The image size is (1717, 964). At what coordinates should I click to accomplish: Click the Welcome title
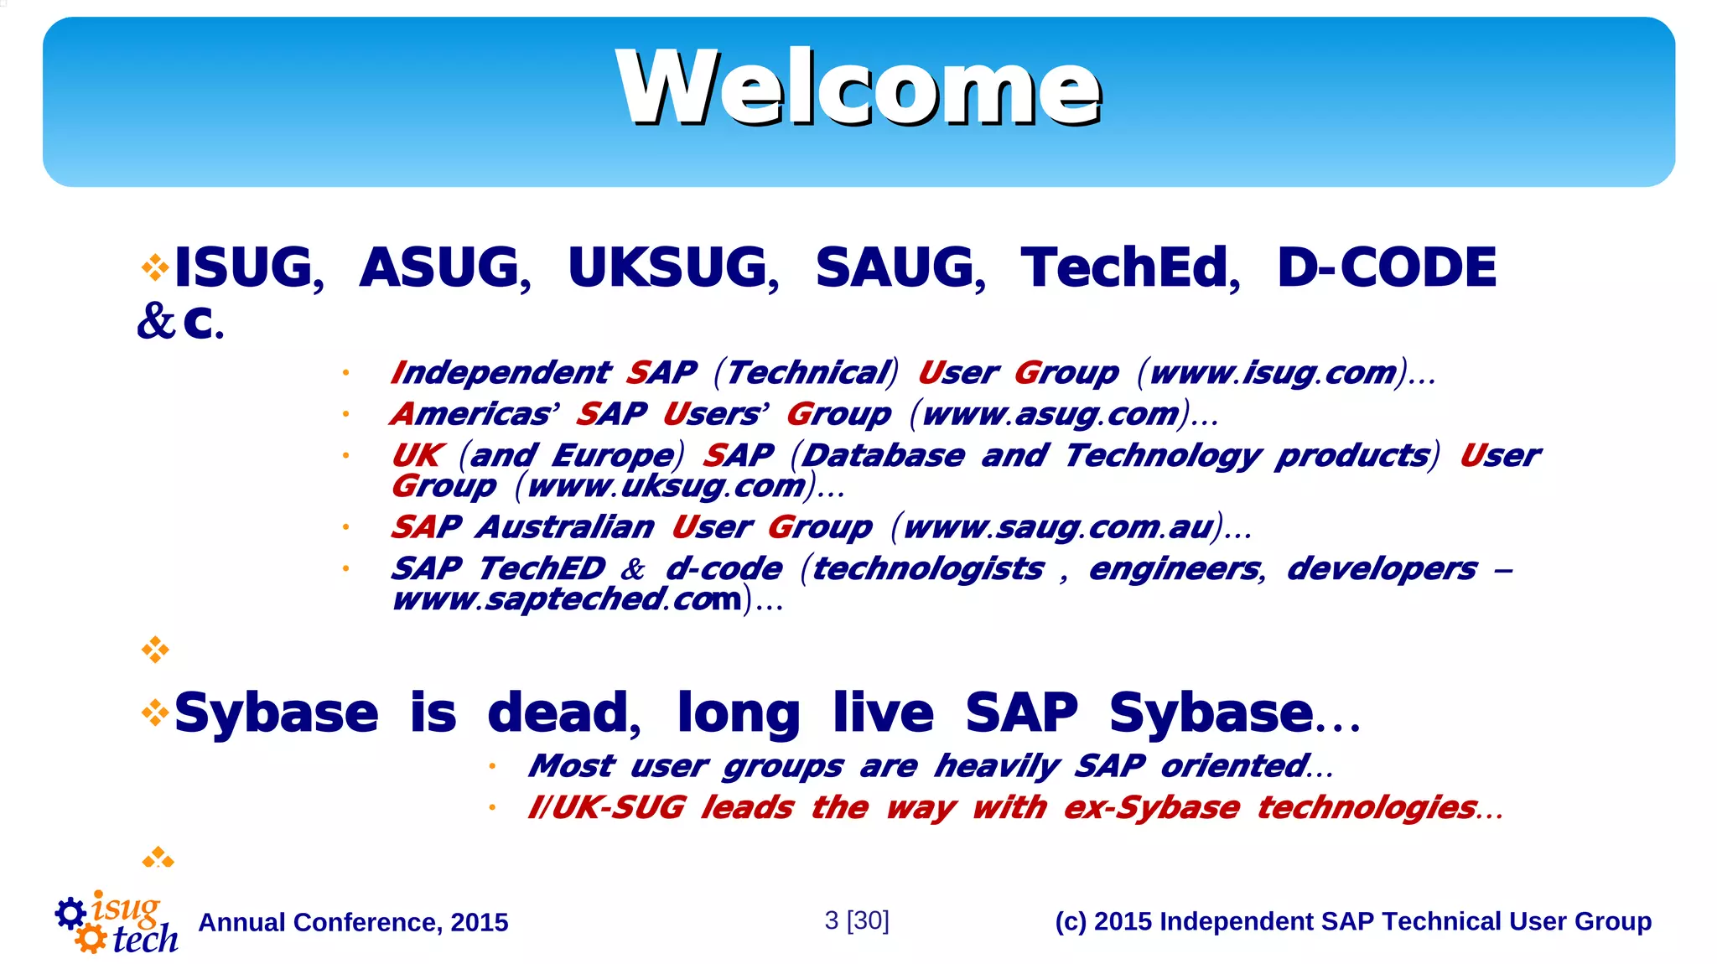(858, 88)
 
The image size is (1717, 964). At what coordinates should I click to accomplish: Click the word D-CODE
(1387, 268)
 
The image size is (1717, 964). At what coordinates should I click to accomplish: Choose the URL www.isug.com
(1273, 373)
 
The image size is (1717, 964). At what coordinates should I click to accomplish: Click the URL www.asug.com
(1050, 414)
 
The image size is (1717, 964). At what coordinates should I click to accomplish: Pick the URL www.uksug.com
(666, 486)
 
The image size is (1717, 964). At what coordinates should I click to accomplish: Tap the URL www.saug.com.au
(1058, 527)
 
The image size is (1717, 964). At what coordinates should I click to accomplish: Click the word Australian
(566, 527)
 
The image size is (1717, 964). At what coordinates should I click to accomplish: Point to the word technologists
(928, 569)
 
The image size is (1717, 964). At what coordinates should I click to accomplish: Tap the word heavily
(997, 766)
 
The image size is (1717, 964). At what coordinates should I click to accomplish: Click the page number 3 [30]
(857, 920)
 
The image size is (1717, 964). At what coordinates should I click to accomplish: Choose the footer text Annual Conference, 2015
(353, 922)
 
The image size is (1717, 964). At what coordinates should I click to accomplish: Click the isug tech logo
(117, 923)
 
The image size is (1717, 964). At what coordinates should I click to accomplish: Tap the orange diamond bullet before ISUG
(155, 268)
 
